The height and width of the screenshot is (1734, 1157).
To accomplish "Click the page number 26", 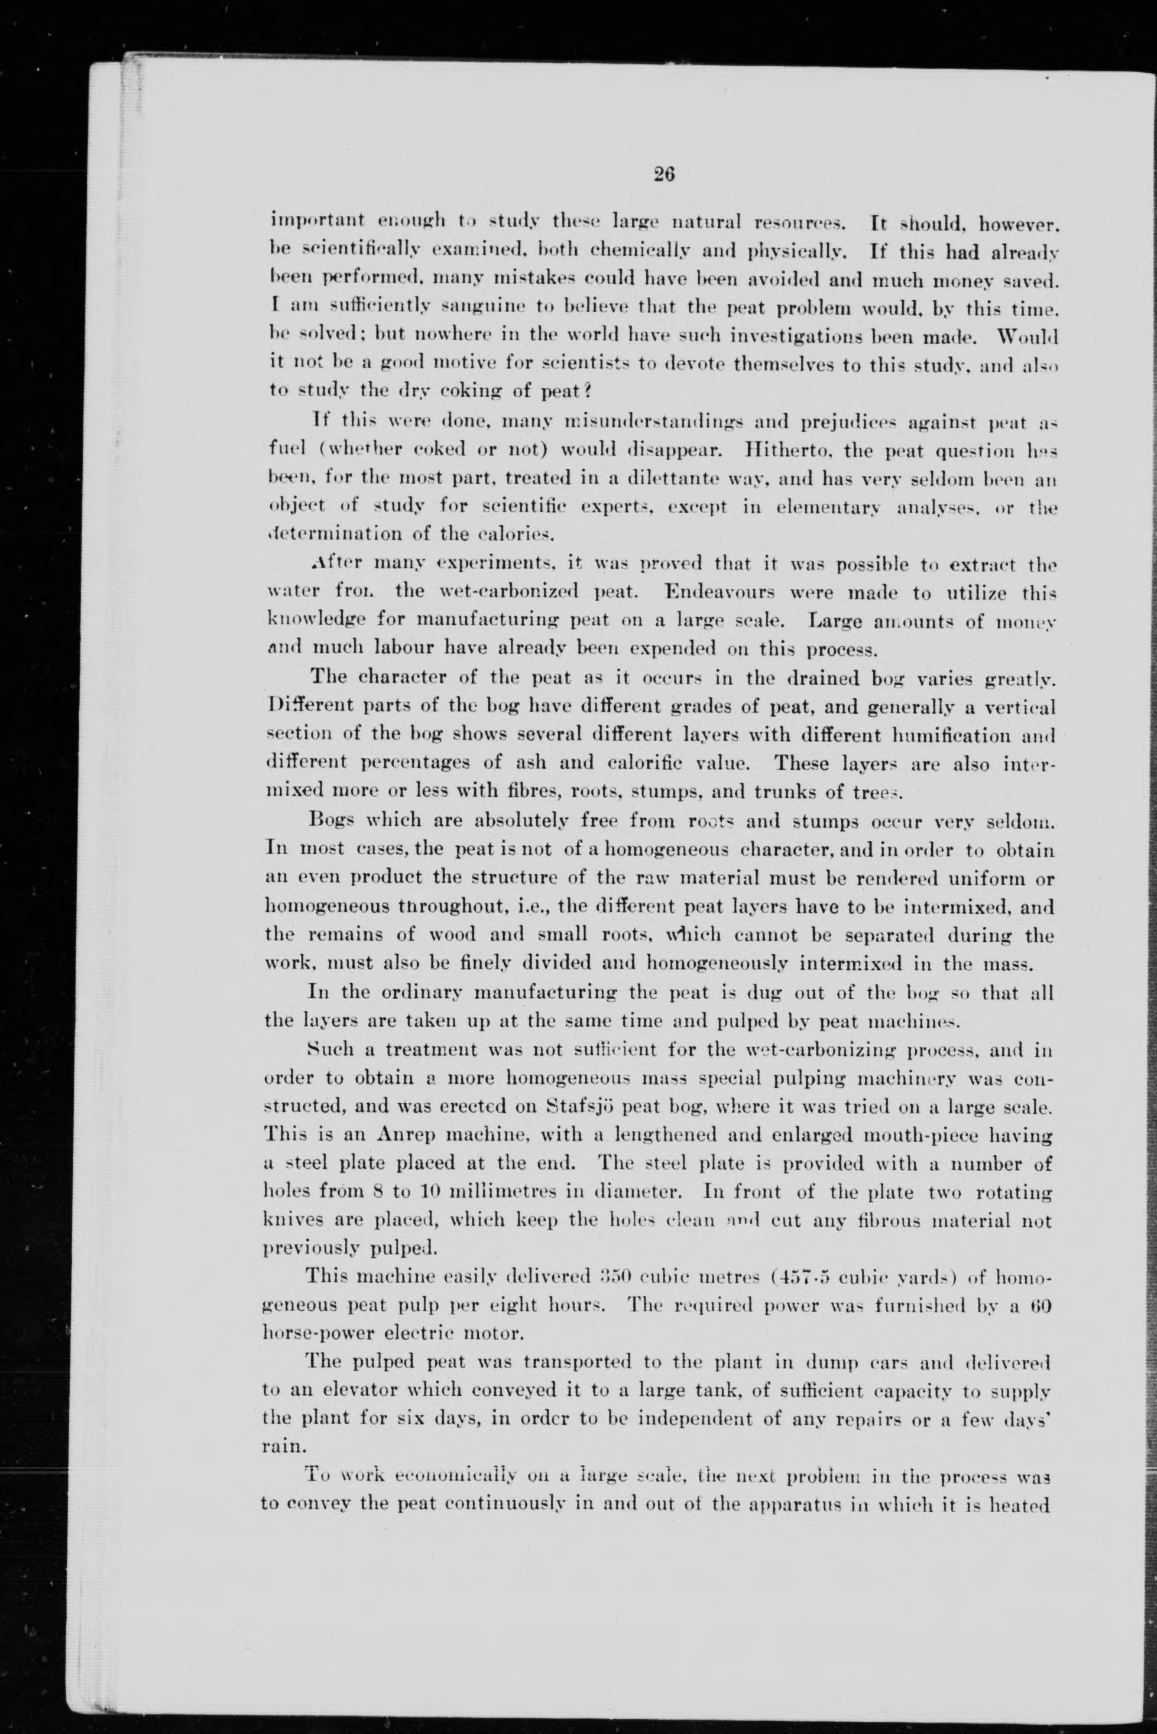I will coord(663,174).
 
